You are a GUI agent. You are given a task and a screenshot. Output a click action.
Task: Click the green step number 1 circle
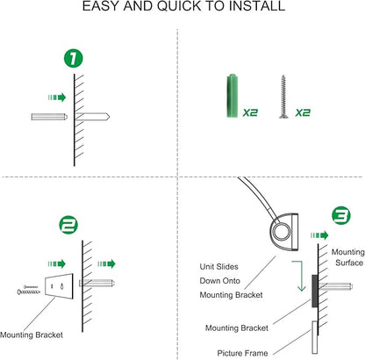coord(74,59)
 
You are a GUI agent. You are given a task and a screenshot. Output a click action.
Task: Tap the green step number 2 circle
coord(68,225)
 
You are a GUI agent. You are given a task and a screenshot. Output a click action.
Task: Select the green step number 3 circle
coord(341,215)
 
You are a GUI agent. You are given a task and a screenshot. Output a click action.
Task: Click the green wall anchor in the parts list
coord(233,96)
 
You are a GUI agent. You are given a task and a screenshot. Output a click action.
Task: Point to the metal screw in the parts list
coord(283,97)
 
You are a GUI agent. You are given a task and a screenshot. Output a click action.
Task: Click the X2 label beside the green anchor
coord(250,112)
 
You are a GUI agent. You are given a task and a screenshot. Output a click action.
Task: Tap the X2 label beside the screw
coord(303,112)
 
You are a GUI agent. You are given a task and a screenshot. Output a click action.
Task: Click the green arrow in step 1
coord(57,97)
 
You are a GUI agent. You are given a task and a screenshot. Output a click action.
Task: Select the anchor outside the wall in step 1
coord(49,117)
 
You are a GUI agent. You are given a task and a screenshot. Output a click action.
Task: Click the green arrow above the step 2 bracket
coord(57,263)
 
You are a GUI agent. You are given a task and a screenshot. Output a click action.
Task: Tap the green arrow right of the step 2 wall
coord(106,263)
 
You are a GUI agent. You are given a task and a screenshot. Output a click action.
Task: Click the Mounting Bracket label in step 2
coord(32,335)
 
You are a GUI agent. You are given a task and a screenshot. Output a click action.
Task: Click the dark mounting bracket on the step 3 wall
coord(315,291)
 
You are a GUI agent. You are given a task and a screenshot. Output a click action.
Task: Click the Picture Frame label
coord(242,353)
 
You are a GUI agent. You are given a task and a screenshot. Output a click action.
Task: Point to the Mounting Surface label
coord(348,257)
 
